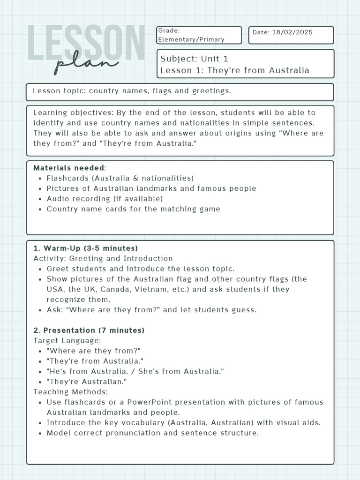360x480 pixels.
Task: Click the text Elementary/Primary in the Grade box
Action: [191, 39]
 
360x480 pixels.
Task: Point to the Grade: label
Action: [169, 30]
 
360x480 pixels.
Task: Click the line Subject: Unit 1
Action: [194, 59]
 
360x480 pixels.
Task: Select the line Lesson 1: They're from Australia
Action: [234, 70]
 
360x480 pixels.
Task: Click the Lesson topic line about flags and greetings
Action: [132, 90]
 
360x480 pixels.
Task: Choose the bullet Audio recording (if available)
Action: [105, 199]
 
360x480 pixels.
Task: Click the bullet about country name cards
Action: [133, 209]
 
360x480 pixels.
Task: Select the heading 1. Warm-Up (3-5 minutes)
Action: [85, 248]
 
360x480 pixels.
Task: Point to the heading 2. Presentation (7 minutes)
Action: [89, 330]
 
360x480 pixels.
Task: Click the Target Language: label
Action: [67, 341]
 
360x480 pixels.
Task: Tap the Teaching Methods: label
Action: [70, 392]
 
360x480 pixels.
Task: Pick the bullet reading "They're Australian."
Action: [87, 382]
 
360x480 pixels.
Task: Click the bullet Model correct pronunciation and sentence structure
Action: [152, 433]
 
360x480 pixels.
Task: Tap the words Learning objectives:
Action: [64, 112]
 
